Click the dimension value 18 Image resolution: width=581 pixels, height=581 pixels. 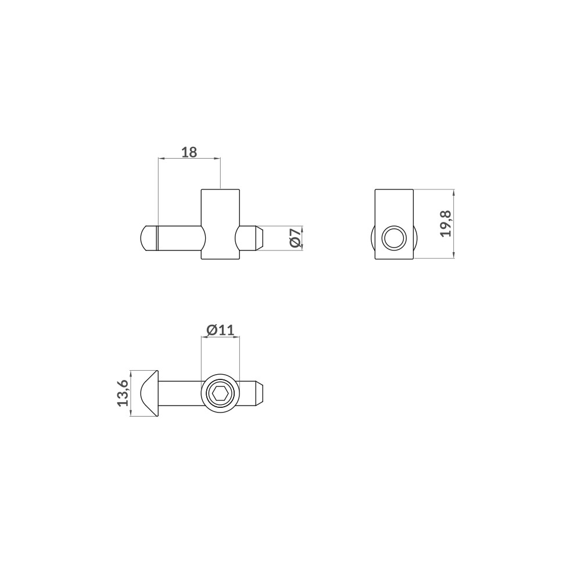(x=189, y=152)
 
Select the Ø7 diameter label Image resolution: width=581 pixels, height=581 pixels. (x=296, y=239)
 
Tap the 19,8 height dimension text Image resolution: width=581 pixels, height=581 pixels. (x=446, y=223)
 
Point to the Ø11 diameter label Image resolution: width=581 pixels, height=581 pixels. (x=220, y=330)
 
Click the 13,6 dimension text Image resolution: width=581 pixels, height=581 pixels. (x=123, y=393)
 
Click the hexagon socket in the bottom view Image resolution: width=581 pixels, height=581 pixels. (x=220, y=394)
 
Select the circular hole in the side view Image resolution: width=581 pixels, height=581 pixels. (x=394, y=239)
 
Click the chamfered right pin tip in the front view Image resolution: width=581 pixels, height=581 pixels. (x=259, y=239)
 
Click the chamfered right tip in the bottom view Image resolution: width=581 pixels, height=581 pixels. (x=260, y=393)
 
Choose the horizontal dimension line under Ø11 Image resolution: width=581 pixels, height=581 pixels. (x=220, y=338)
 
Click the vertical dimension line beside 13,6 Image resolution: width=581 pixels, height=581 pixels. (x=131, y=393)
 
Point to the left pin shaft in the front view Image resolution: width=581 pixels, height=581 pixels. (x=177, y=239)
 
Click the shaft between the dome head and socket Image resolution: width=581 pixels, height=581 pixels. (x=180, y=393)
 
